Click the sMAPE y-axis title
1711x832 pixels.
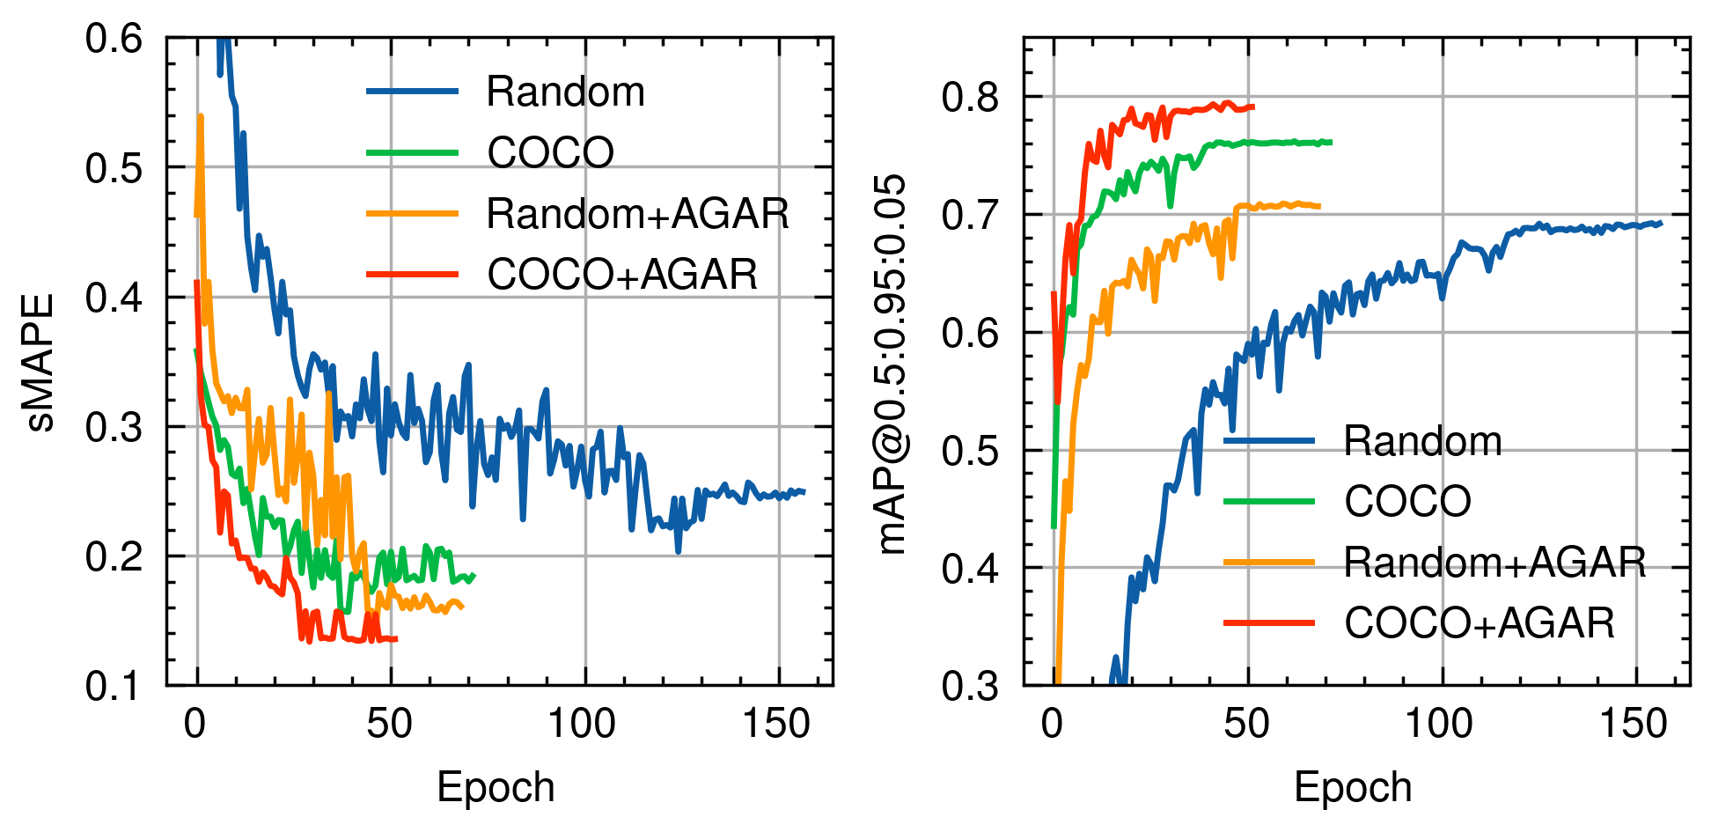pyautogui.click(x=41, y=362)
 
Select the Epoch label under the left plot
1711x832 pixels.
pyautogui.click(x=496, y=786)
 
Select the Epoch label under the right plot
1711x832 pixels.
pyautogui.click(x=1353, y=786)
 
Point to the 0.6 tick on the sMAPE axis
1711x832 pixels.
pyautogui.click(x=114, y=39)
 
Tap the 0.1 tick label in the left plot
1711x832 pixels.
pyautogui.click(x=114, y=685)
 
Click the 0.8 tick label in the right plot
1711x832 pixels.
pyautogui.click(x=971, y=97)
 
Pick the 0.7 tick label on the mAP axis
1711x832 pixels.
pyautogui.click(x=971, y=215)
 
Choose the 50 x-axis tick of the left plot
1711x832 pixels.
pyautogui.click(x=389, y=725)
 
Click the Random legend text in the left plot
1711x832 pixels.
pyautogui.click(x=565, y=92)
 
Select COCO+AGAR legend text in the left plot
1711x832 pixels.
pyautogui.click(x=622, y=274)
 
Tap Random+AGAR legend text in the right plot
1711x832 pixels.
pyautogui.click(x=1494, y=562)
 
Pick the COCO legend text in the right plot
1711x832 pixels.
pyautogui.click(x=1407, y=501)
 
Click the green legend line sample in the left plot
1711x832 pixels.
pyautogui.click(x=412, y=152)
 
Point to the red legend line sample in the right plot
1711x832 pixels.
pyautogui.click(x=1269, y=622)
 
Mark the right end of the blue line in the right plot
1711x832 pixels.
pyautogui.click(x=1661, y=224)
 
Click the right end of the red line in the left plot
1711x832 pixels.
pyautogui.click(x=397, y=639)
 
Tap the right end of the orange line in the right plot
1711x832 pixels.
pyautogui.click(x=1319, y=207)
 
